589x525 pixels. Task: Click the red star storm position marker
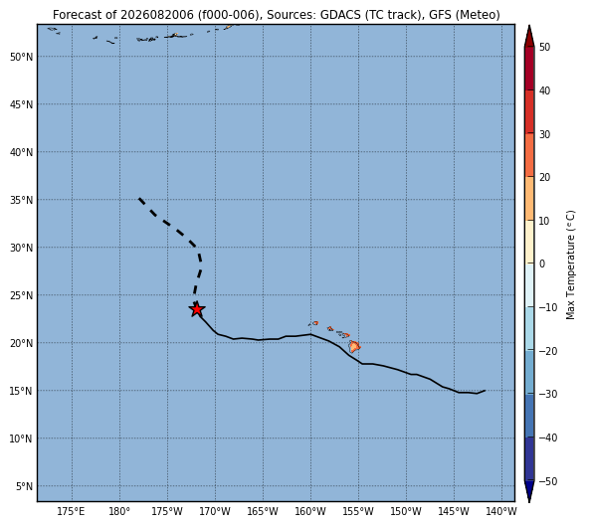coord(196,309)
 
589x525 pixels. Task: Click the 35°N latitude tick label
coord(22,200)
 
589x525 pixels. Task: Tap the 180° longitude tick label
coord(119,511)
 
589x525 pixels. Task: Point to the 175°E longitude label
coord(71,511)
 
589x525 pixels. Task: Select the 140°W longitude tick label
coord(501,511)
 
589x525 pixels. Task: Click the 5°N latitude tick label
coord(25,486)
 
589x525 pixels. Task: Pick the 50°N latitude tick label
coord(22,57)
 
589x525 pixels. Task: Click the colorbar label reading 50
coord(544,47)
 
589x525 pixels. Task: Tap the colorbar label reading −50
coord(547,481)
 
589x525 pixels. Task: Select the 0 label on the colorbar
coord(542,264)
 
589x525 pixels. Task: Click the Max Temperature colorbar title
coord(570,264)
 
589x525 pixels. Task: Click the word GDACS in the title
coord(340,15)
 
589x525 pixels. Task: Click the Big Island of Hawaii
coord(354,346)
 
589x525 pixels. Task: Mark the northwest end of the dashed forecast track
coord(139,198)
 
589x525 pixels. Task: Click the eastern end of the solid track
coord(485,391)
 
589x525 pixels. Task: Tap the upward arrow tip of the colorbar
coord(529,26)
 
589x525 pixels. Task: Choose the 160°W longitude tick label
coord(310,511)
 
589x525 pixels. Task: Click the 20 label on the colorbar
coord(544,177)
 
